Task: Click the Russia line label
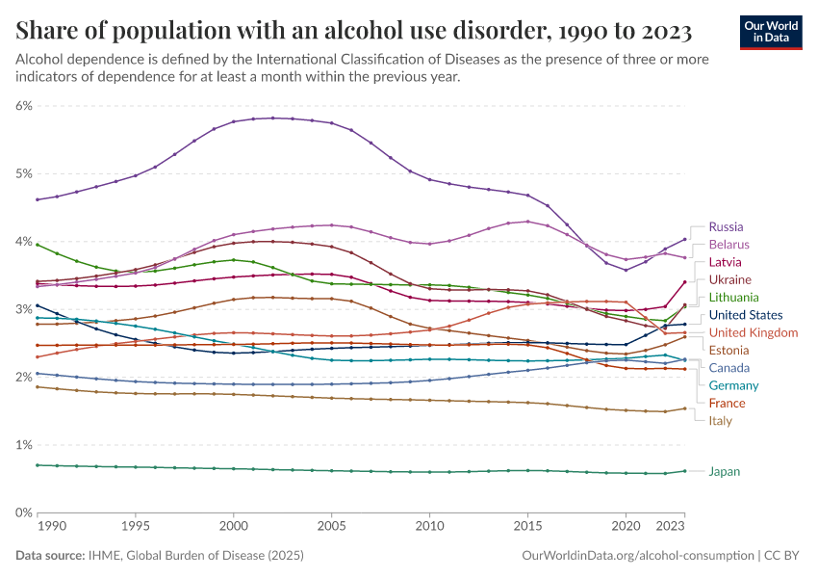point(726,226)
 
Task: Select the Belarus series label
point(729,245)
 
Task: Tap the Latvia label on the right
point(726,262)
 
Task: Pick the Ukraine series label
point(729,279)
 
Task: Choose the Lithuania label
point(733,297)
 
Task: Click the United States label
point(745,315)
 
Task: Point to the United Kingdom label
point(753,332)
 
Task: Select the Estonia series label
point(729,350)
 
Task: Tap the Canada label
point(729,368)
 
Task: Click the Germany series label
point(733,385)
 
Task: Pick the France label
point(727,403)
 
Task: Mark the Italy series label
point(720,421)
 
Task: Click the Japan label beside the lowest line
point(725,472)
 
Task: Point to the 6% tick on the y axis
point(24,106)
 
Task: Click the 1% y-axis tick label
point(24,445)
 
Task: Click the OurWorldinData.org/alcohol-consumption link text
point(637,556)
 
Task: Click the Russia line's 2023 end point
point(684,239)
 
